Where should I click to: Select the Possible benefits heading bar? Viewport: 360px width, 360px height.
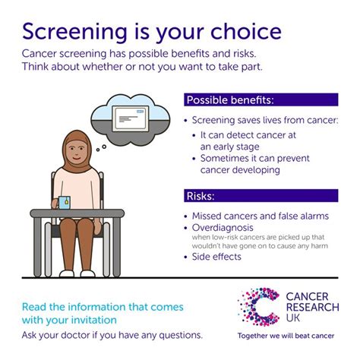(x=261, y=100)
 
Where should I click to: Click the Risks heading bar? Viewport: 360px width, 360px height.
(x=261, y=196)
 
